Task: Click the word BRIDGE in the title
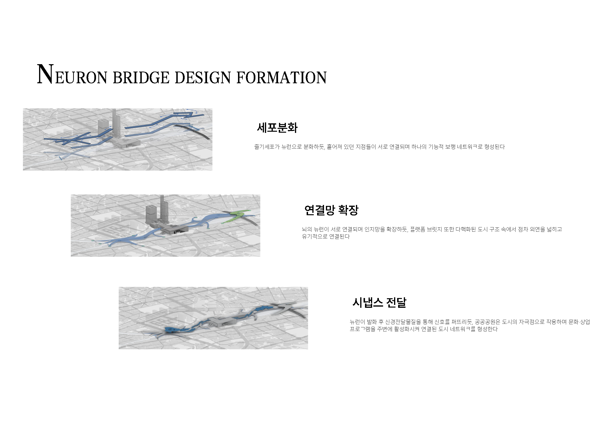(x=141, y=78)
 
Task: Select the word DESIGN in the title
(x=203, y=78)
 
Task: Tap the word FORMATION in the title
(x=281, y=78)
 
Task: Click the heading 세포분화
(x=277, y=128)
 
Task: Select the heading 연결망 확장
(x=331, y=210)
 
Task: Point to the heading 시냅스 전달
(x=379, y=303)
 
